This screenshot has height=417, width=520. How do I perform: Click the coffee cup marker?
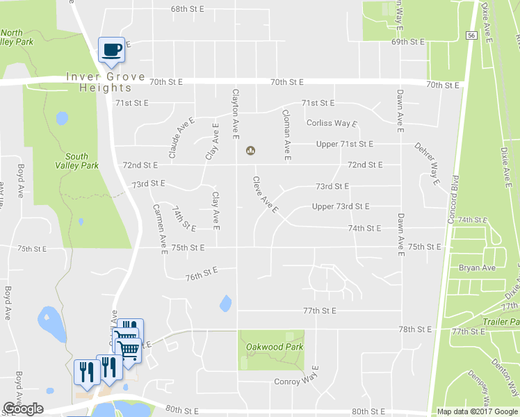pyautogui.click(x=111, y=49)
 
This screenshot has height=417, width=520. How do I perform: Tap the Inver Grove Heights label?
pyautogui.click(x=106, y=82)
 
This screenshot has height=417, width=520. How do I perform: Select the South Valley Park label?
pyautogui.click(x=76, y=161)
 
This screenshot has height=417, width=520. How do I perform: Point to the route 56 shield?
pyautogui.click(x=471, y=35)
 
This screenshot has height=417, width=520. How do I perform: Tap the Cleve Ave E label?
pyautogui.click(x=265, y=195)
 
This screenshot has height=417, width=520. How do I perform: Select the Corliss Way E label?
pyautogui.click(x=332, y=123)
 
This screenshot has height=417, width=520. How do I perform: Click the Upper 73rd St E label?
pyautogui.click(x=341, y=206)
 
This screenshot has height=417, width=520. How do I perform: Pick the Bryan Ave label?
pyautogui.click(x=477, y=268)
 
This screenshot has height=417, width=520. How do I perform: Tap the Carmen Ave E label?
pyautogui.click(x=161, y=229)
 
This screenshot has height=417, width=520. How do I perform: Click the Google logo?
pyautogui.click(x=23, y=409)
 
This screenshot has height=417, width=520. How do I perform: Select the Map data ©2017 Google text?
pyautogui.click(x=478, y=411)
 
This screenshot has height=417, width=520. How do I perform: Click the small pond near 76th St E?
pyautogui.click(x=225, y=304)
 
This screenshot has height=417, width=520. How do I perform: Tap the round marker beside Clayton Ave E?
pyautogui.click(x=250, y=150)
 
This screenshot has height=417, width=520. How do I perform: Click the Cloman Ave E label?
pyautogui.click(x=286, y=134)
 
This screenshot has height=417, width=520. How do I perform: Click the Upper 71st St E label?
pyautogui.click(x=345, y=144)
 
